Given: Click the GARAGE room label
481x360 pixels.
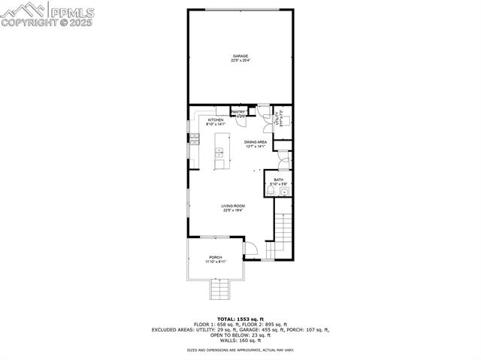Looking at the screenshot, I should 240,56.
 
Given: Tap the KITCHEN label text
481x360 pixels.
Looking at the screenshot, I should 216,120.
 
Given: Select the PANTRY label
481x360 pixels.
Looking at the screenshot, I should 239,112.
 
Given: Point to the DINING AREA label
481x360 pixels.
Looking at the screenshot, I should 256,141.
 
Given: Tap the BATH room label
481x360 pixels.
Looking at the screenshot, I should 278,180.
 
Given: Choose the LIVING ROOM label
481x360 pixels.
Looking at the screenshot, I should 233,206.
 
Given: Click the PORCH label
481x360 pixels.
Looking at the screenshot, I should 216,258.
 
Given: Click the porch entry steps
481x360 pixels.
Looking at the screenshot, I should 218,288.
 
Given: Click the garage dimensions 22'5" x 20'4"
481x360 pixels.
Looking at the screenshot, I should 240,60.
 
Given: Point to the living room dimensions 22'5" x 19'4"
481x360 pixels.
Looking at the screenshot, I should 233,210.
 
